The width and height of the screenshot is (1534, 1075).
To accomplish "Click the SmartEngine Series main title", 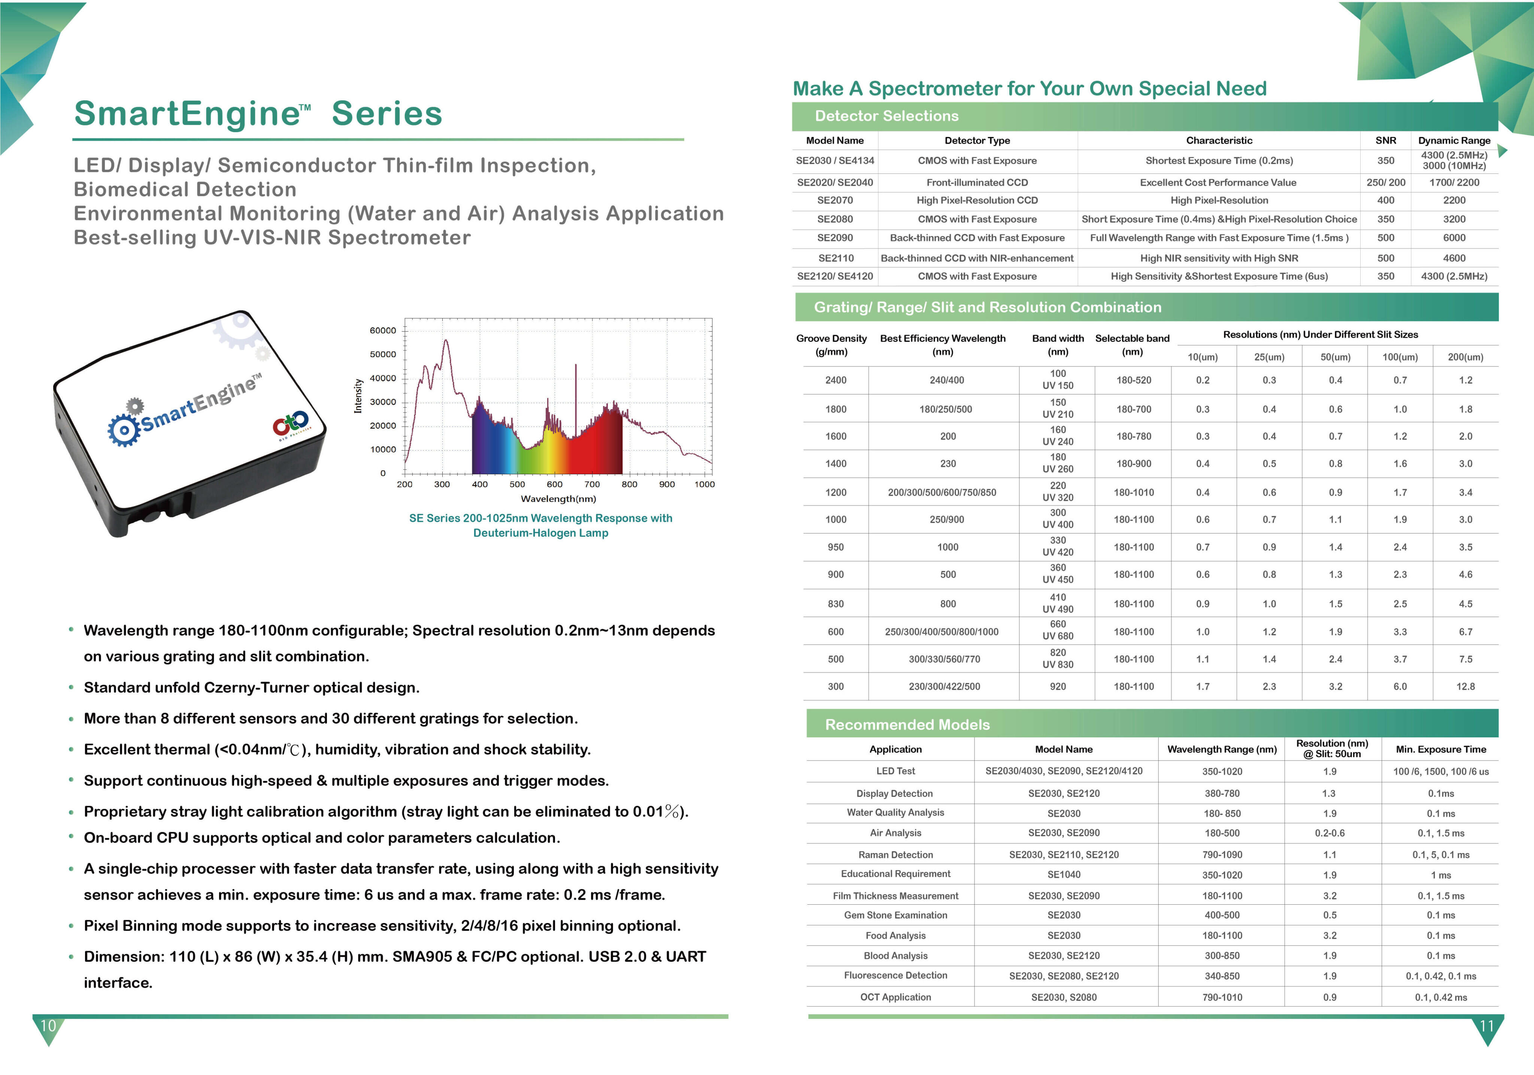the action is pos(258,113).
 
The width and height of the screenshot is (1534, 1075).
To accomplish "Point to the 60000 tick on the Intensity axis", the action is pos(383,331).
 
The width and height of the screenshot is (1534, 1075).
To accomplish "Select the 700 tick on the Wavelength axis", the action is pos(592,484).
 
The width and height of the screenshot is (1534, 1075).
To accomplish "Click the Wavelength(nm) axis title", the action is pos(558,499).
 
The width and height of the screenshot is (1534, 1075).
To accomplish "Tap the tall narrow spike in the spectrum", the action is pos(576,401).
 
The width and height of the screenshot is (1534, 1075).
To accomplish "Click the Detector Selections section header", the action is pos(886,116).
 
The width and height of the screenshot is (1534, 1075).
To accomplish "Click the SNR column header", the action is pos(1386,140).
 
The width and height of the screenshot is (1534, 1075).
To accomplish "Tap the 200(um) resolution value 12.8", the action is pos(1465,686).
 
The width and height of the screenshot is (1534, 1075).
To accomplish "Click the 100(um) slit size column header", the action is pos(1400,357).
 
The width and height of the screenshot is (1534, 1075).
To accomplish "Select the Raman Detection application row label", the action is pos(895,855).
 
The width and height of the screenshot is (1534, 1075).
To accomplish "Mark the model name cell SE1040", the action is pos(1064,875).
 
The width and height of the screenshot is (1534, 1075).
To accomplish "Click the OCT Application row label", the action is pos(895,997).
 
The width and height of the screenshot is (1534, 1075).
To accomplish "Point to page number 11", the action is pos(1486,1026).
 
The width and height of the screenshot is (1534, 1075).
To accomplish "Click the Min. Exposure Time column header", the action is pos(1440,749).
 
